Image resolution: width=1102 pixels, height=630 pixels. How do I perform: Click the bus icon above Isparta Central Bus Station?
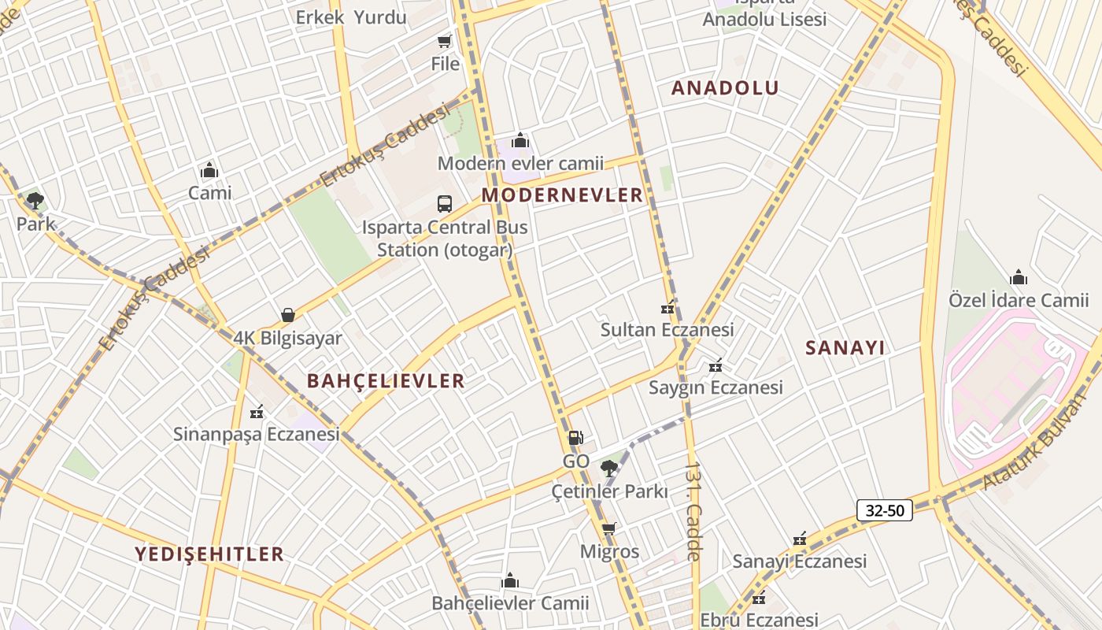[445, 204]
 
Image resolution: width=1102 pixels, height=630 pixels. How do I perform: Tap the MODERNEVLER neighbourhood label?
[562, 195]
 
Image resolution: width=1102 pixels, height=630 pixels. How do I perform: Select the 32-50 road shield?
[885, 510]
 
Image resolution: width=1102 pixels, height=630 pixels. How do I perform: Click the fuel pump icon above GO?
[575, 438]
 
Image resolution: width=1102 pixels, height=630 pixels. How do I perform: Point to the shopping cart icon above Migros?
[608, 528]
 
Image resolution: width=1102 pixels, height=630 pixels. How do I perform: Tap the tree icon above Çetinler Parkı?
[608, 469]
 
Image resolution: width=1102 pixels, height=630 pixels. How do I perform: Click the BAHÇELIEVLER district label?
[386, 381]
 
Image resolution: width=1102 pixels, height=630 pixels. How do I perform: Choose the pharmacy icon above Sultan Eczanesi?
[667, 309]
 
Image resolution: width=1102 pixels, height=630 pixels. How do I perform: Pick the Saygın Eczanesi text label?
[716, 387]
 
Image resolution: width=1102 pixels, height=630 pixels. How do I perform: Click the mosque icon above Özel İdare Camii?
[1019, 277]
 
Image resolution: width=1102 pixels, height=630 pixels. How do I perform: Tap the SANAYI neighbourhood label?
[845, 348]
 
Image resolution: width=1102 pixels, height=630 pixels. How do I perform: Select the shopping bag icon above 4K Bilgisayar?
[288, 315]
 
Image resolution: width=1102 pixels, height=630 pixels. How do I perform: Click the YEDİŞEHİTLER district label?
[209, 554]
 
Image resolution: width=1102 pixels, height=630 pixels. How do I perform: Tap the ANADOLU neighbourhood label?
[725, 88]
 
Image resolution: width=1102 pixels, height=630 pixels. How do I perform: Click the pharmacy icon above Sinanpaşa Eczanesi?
[256, 412]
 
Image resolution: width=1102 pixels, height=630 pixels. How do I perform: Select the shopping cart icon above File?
[445, 41]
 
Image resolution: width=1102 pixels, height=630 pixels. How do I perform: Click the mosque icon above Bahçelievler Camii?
[510, 581]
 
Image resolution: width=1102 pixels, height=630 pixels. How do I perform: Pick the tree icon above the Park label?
[35, 201]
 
